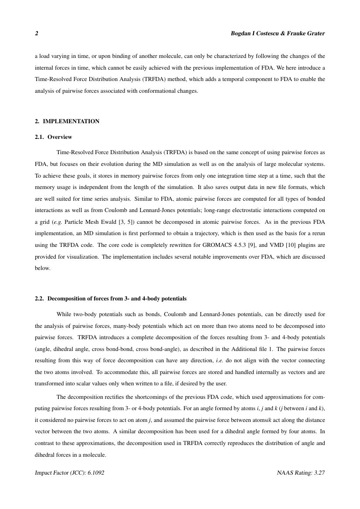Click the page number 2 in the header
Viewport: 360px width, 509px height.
pyautogui.click(x=36, y=34)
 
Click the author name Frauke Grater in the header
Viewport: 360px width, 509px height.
pyautogui.click(x=307, y=34)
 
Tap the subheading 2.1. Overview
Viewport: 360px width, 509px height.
pyautogui.click(x=53, y=137)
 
